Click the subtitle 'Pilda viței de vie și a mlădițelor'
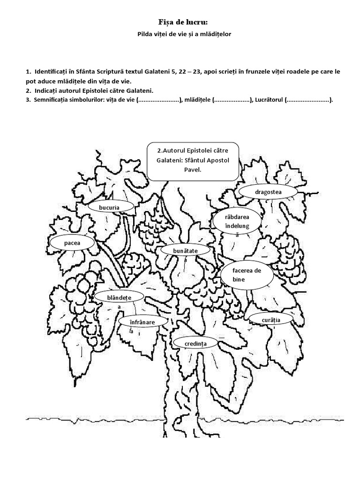(180, 34)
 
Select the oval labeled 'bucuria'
(109, 207)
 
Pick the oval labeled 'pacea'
(73, 243)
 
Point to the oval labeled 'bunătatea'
(186, 252)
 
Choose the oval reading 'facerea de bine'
(247, 275)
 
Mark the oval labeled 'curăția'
(271, 320)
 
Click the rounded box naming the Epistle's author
(193, 161)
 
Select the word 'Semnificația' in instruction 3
(53, 100)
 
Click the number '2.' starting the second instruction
(29, 90)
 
